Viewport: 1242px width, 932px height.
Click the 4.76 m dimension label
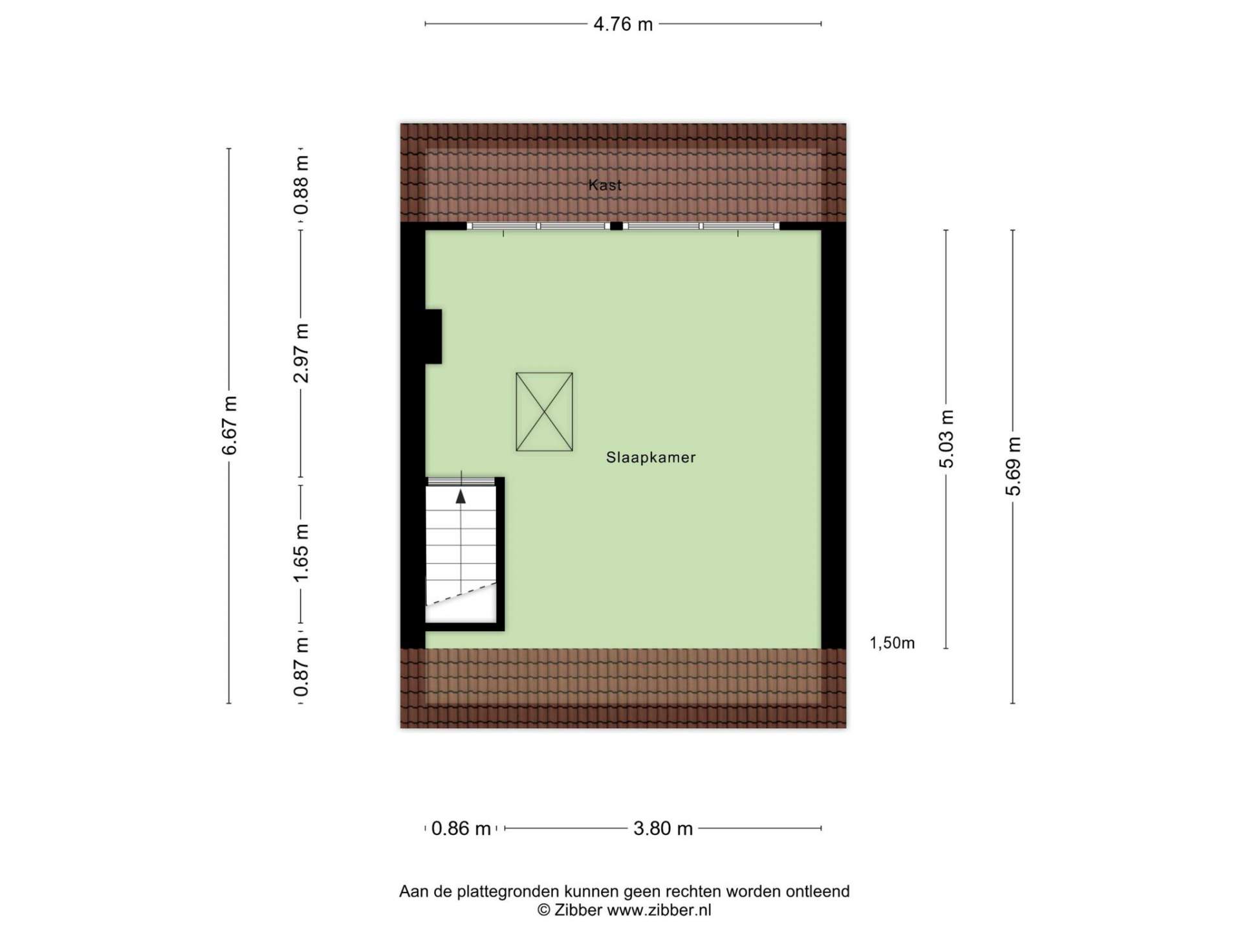click(623, 24)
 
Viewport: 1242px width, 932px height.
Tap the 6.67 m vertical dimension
click(230, 425)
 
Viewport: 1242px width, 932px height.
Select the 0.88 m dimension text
click(301, 185)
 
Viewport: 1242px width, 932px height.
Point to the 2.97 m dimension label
click(301, 353)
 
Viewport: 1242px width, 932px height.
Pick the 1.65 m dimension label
click(301, 553)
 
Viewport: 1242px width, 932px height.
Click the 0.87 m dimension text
click(301, 667)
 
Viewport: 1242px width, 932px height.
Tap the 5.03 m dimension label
click(946, 439)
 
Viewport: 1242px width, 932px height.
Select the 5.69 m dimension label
click(1013, 466)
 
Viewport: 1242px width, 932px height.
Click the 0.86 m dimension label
click(461, 828)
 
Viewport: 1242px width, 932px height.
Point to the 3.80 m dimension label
click(663, 828)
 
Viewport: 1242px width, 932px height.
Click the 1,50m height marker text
click(892, 643)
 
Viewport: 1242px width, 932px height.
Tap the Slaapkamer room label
click(651, 458)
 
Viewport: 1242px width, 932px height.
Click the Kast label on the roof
click(605, 185)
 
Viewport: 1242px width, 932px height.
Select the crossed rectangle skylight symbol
click(544, 412)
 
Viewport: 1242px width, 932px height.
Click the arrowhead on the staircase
click(461, 496)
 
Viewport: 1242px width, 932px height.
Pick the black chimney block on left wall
click(433, 337)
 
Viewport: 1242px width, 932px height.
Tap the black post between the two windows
click(616, 226)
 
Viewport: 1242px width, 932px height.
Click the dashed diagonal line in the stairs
click(461, 594)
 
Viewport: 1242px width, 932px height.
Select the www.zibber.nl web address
click(659, 910)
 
